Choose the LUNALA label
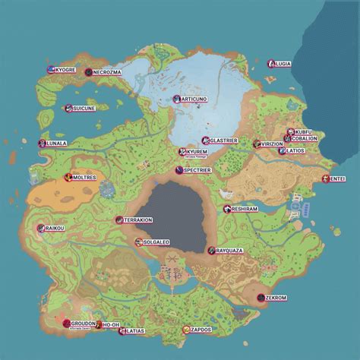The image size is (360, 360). (x=57, y=143)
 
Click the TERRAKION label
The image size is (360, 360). (x=138, y=219)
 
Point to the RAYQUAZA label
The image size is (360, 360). (x=230, y=250)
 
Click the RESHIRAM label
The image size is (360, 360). (x=246, y=209)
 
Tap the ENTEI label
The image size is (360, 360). (x=337, y=179)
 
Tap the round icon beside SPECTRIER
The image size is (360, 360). (x=178, y=171)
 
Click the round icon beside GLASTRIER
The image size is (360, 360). (x=205, y=141)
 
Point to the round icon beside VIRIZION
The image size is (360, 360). (x=255, y=144)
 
